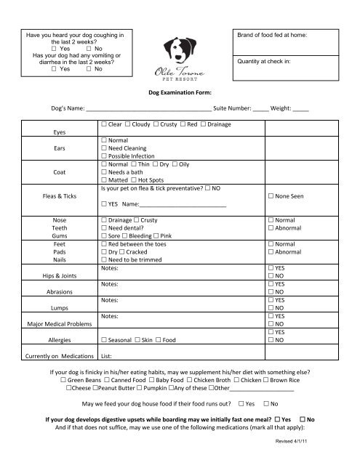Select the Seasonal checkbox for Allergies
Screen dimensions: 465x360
point(105,339)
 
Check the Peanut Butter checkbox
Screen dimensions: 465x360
point(98,389)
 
